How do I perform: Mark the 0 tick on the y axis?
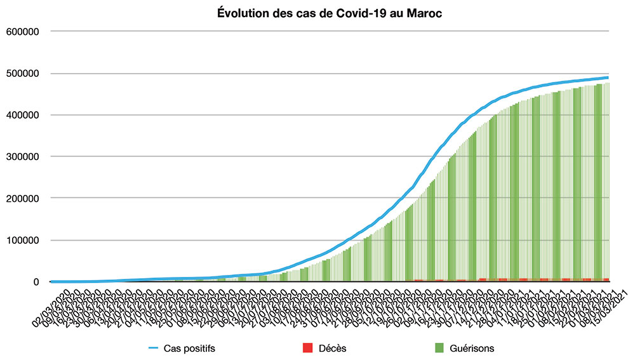coord(37,282)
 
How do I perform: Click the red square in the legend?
coord(308,348)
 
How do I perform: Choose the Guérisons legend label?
coord(471,348)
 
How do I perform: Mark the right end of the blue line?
coord(608,77)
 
